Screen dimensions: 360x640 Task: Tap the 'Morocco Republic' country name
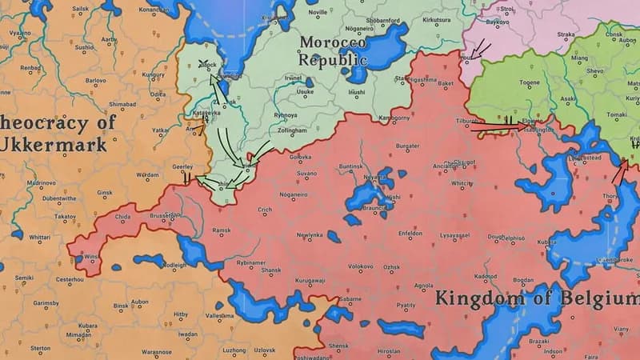click(334, 50)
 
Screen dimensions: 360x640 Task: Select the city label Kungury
click(153, 74)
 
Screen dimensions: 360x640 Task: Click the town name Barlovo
click(95, 80)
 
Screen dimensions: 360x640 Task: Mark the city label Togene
click(530, 82)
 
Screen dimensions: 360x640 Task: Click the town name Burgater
click(408, 146)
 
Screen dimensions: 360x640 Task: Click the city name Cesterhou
click(69, 279)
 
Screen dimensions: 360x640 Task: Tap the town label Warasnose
click(157, 351)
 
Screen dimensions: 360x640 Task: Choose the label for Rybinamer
click(250, 262)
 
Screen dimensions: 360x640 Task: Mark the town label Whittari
click(40, 238)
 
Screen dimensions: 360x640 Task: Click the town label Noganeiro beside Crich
click(294, 194)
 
